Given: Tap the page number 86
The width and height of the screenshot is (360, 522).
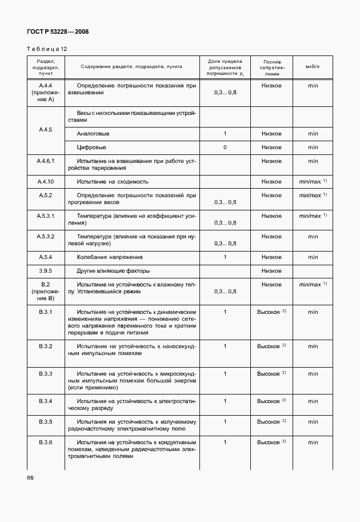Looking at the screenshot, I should click(31, 477).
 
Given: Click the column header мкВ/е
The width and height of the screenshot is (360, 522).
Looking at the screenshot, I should click(313, 67).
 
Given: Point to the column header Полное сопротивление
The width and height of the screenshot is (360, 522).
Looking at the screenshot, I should click(271, 67).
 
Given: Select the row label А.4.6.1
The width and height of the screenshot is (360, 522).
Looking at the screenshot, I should click(46, 161).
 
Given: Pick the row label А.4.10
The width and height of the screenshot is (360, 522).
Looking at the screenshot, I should click(46, 181).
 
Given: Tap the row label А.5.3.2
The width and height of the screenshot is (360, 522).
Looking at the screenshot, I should click(46, 236).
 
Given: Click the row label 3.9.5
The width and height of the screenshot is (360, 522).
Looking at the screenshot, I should click(46, 270).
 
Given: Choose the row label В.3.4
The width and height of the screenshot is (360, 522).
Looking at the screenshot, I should click(46, 401).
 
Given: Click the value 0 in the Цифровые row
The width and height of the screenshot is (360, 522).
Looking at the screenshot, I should click(225, 148).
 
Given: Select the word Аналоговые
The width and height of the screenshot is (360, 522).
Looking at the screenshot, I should click(93, 134).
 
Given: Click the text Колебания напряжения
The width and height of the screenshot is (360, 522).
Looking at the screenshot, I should click(110, 257).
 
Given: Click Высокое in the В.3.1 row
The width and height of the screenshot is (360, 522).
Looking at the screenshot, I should click(269, 312).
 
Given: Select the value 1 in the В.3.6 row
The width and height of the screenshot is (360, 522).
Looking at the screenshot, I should click(225, 442).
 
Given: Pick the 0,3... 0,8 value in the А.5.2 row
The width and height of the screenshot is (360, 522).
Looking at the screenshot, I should click(225, 202).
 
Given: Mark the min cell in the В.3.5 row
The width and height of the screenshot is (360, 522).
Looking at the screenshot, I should click(313, 421).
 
